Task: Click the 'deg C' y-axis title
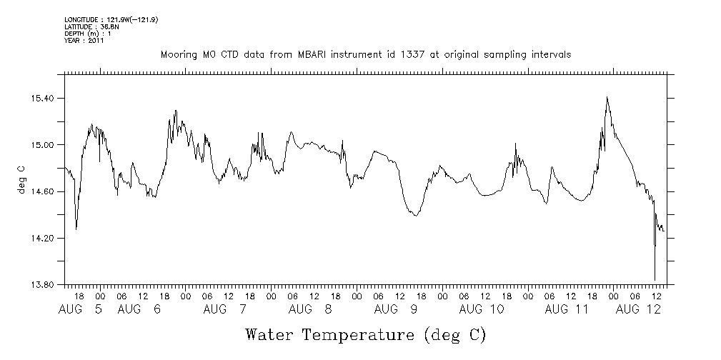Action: point(21,179)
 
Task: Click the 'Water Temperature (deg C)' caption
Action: point(365,334)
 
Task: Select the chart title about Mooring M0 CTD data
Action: point(365,54)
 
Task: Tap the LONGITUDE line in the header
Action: point(111,19)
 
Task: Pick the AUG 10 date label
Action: point(482,309)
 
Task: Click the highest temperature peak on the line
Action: point(607,97)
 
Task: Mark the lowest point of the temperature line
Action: point(655,280)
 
